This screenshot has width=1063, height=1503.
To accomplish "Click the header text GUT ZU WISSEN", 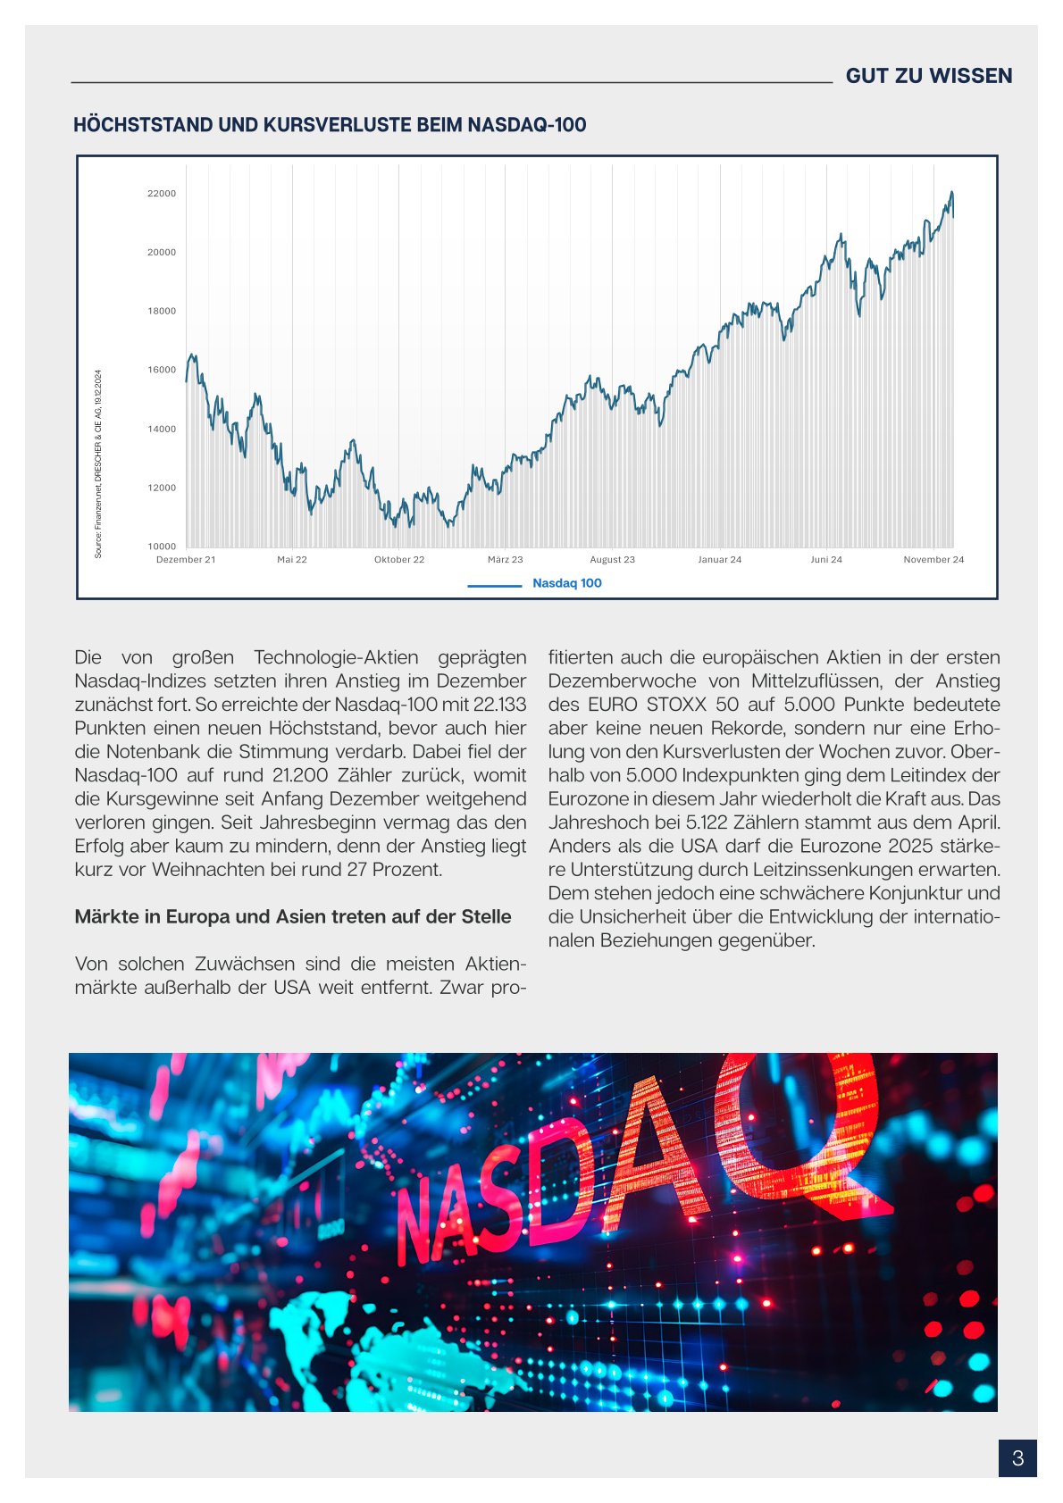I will (x=928, y=76).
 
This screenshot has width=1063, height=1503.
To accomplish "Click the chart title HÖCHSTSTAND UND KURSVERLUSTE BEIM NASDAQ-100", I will (x=330, y=125).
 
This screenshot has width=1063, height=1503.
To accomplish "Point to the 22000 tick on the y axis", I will (x=162, y=194).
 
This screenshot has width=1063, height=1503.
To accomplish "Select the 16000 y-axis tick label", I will (x=162, y=370).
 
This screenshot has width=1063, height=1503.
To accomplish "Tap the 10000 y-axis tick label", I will (x=162, y=547).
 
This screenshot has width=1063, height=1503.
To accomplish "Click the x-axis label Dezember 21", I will (x=186, y=560).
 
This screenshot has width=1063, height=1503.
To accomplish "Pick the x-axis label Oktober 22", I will (x=399, y=560).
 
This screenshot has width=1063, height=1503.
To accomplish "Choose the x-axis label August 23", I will (x=612, y=560).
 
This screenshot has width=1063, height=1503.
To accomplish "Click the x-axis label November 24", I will (x=933, y=560).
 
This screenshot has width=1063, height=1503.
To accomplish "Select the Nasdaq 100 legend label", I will (x=567, y=583).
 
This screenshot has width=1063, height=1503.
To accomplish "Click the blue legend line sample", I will (x=495, y=586).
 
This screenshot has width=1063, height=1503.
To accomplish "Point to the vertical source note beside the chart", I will (x=98, y=464).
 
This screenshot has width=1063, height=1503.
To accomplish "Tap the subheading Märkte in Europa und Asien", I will (x=293, y=917).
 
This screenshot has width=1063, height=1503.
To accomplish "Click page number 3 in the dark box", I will (x=1017, y=1458).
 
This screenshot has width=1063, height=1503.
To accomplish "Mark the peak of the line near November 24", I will (x=951, y=192).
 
